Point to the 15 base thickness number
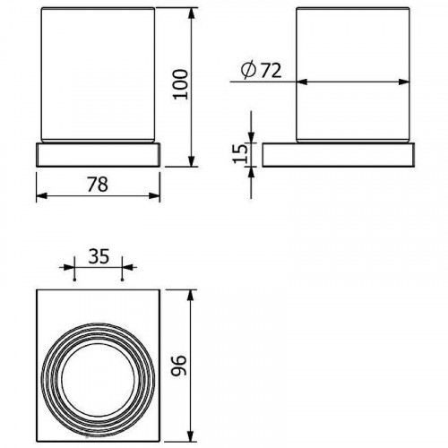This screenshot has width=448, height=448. point(238,153)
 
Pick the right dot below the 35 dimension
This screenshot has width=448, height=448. point(121,279)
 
